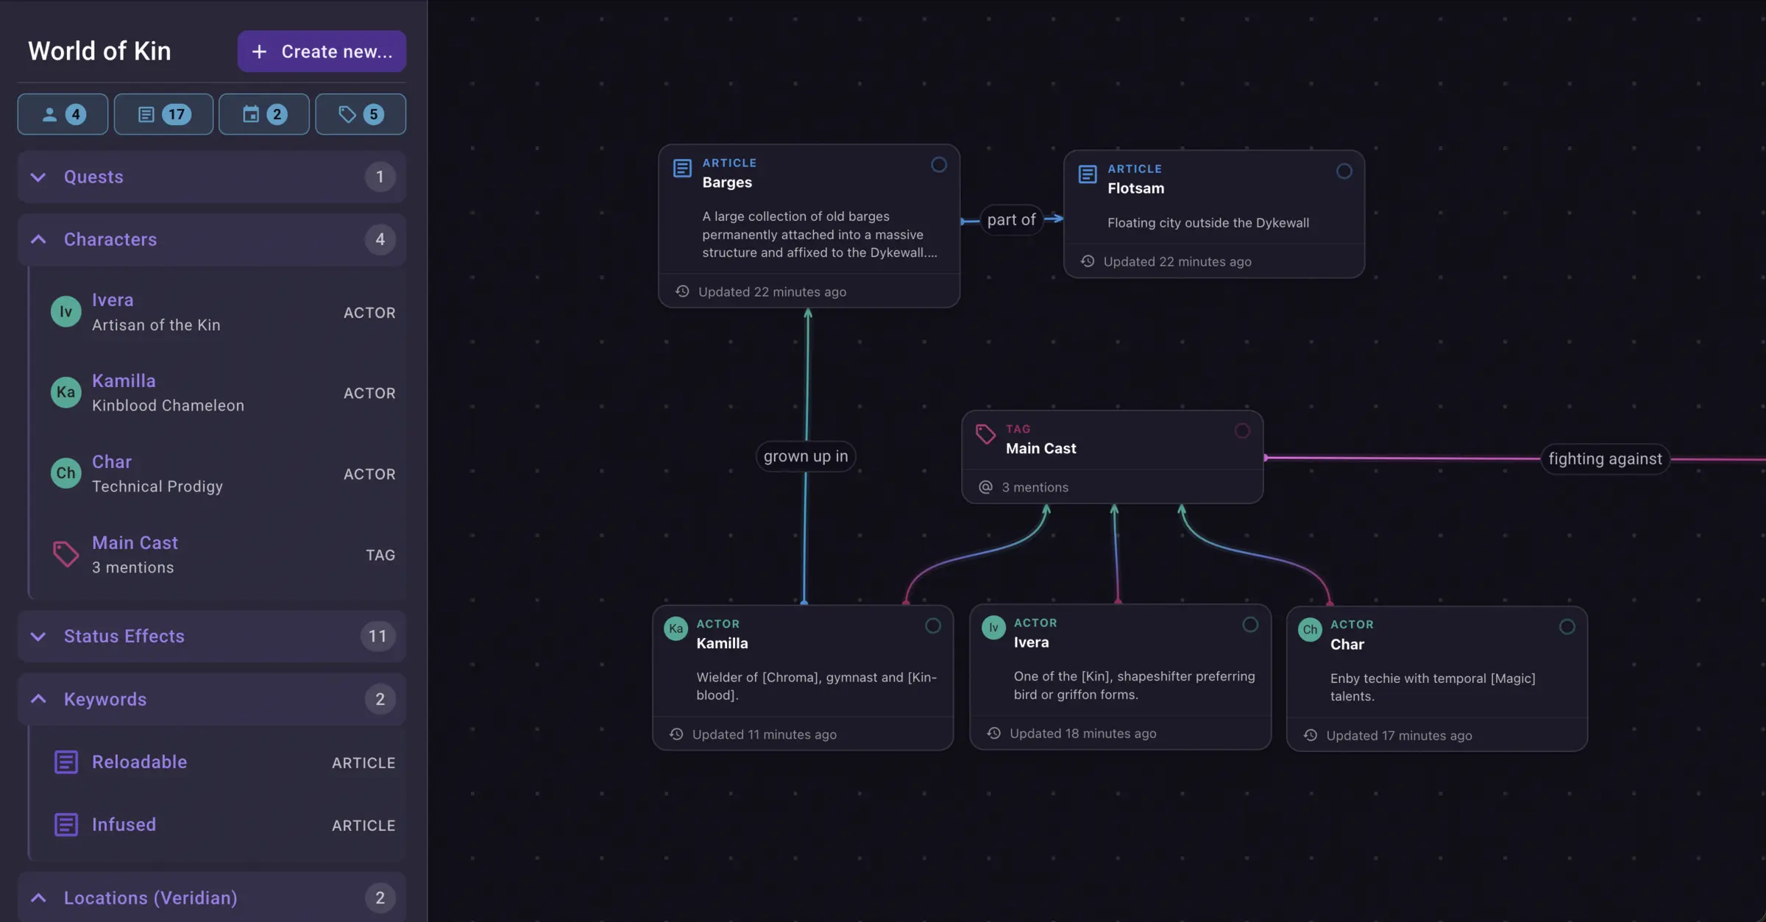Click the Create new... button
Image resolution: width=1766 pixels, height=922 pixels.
click(322, 52)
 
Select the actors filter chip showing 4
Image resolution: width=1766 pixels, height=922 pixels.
click(63, 114)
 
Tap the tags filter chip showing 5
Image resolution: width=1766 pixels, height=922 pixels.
click(361, 114)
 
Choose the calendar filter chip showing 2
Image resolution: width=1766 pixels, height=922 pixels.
click(264, 114)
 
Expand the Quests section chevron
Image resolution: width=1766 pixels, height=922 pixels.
click(38, 177)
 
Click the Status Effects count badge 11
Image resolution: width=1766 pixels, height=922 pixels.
click(377, 636)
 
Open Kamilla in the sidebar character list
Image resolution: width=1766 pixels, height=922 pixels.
click(124, 381)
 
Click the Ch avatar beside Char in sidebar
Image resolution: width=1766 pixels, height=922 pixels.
click(66, 473)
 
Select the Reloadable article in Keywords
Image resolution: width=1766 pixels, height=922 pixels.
click(139, 762)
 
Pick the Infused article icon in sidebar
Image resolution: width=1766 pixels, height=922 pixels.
click(66, 825)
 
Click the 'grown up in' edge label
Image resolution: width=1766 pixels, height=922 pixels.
click(806, 456)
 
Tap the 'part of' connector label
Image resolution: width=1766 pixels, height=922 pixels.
click(1011, 220)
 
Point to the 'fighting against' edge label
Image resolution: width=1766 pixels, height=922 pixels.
click(1605, 459)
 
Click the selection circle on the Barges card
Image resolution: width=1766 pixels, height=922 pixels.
click(939, 165)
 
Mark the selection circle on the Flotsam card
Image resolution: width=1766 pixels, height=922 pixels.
click(1344, 171)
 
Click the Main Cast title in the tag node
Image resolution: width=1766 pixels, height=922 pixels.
click(1040, 449)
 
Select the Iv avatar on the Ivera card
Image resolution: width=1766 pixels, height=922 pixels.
click(993, 628)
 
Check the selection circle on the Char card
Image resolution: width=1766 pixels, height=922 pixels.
click(1567, 627)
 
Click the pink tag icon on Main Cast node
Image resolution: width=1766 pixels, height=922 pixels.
click(985, 434)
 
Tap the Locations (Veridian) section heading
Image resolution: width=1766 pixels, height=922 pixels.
click(150, 898)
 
